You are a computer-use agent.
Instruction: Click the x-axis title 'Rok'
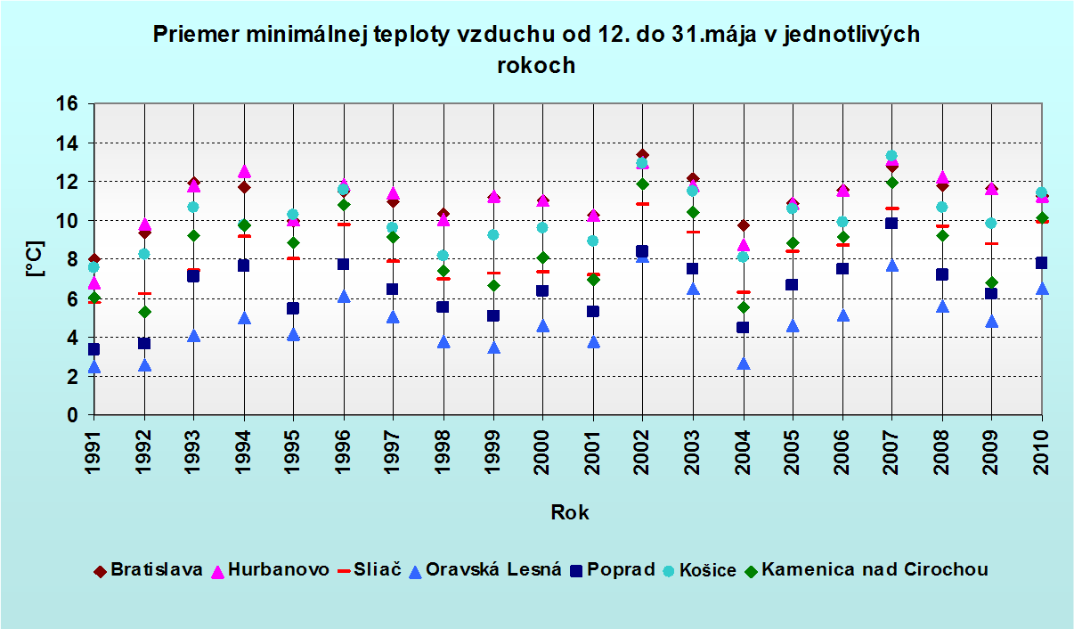pos(569,512)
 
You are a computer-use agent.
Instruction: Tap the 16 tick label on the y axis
pos(69,104)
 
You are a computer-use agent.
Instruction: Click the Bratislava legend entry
pos(149,570)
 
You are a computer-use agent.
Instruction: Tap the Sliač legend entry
pos(370,570)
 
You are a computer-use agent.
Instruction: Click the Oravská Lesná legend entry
pos(484,570)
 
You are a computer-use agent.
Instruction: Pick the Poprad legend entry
pos(614,570)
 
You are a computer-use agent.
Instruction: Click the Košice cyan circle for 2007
pos(891,156)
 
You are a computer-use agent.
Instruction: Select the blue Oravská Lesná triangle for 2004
pos(743,364)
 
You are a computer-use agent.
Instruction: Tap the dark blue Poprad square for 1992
pos(144,343)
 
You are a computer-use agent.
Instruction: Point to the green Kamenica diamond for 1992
pos(144,312)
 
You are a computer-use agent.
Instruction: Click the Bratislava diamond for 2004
pos(743,225)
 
